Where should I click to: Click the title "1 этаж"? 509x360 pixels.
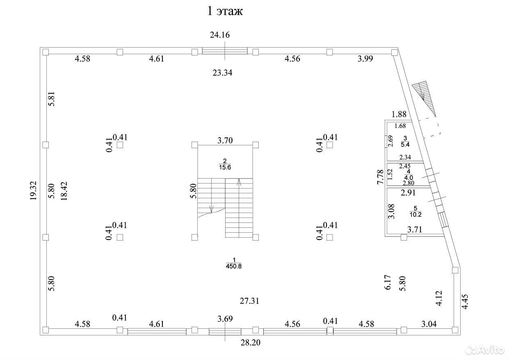225,11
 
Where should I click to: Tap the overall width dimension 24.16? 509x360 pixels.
220,35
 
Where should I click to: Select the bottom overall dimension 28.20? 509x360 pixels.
251,342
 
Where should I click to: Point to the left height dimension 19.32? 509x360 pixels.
33,190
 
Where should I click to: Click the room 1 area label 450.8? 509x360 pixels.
234,266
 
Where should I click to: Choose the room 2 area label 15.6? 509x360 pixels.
225,167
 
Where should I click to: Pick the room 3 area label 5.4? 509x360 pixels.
405,144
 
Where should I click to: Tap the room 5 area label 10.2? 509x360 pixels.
415,214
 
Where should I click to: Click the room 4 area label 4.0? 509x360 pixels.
409,177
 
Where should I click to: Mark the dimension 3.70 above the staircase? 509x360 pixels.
225,140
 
